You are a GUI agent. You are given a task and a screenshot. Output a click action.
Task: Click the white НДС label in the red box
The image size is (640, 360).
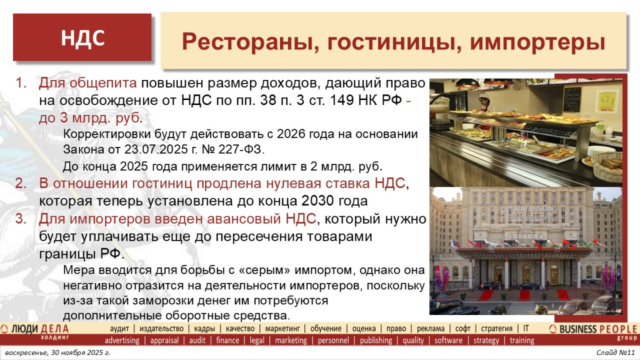[82, 38]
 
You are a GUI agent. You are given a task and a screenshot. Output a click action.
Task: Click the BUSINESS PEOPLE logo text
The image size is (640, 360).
[594, 329]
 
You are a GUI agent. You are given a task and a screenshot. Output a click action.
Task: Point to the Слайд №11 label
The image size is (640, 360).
[615, 354]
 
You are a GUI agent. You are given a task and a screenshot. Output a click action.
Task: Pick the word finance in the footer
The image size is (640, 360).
[227, 341]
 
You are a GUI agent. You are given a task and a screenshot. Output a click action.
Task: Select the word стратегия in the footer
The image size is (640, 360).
[496, 328]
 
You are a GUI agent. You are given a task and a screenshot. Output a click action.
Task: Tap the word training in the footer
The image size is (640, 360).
[522, 341]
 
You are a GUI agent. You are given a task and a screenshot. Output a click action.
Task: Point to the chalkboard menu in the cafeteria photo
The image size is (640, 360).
[571, 98]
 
